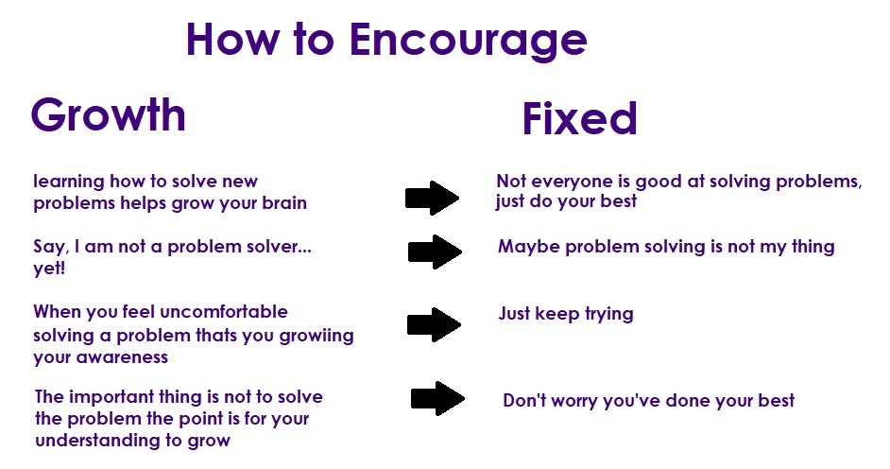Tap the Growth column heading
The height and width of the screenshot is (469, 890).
(x=109, y=114)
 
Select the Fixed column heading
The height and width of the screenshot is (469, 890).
(x=579, y=119)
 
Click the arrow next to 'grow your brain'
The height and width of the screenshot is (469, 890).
(x=432, y=198)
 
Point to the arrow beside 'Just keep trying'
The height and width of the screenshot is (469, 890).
(x=435, y=324)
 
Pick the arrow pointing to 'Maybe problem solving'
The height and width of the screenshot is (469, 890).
(x=435, y=252)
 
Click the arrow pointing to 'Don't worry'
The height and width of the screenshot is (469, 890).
(x=437, y=398)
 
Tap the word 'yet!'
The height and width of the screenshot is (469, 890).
(x=49, y=269)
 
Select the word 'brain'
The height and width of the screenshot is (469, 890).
(x=284, y=202)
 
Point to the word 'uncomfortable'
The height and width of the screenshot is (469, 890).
(x=224, y=311)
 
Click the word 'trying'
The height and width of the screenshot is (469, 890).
(x=609, y=315)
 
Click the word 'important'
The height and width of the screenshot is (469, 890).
(x=111, y=397)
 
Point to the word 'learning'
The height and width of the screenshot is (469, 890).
(x=69, y=182)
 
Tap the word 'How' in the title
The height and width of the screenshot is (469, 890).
(x=233, y=39)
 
